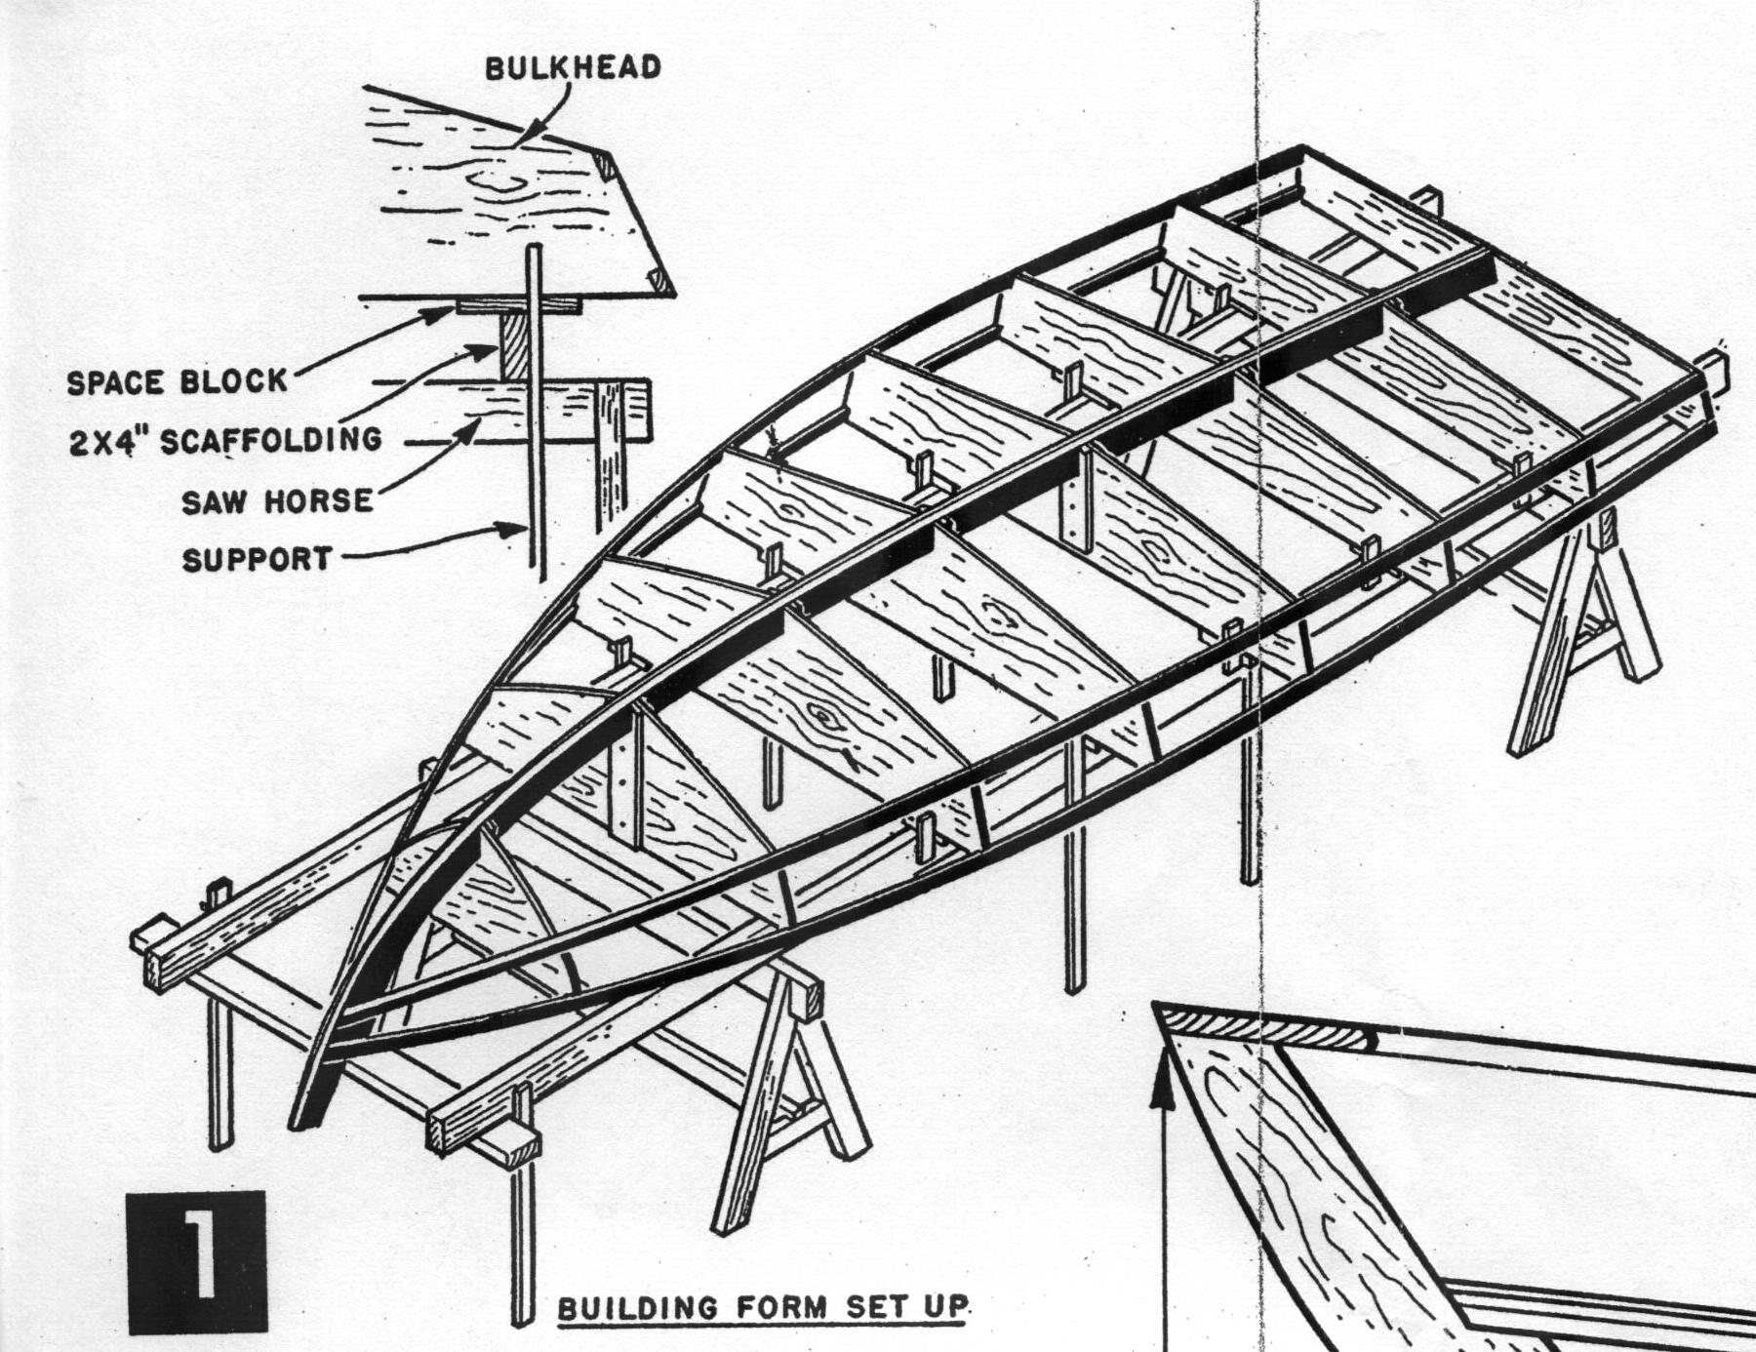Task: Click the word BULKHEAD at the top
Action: point(574,67)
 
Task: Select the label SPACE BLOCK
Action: point(178,381)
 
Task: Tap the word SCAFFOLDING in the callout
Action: point(271,440)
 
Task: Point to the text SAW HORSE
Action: point(277,501)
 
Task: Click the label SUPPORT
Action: point(257,560)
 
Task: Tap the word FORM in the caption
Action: point(795,1307)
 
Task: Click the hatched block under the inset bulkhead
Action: point(515,347)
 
